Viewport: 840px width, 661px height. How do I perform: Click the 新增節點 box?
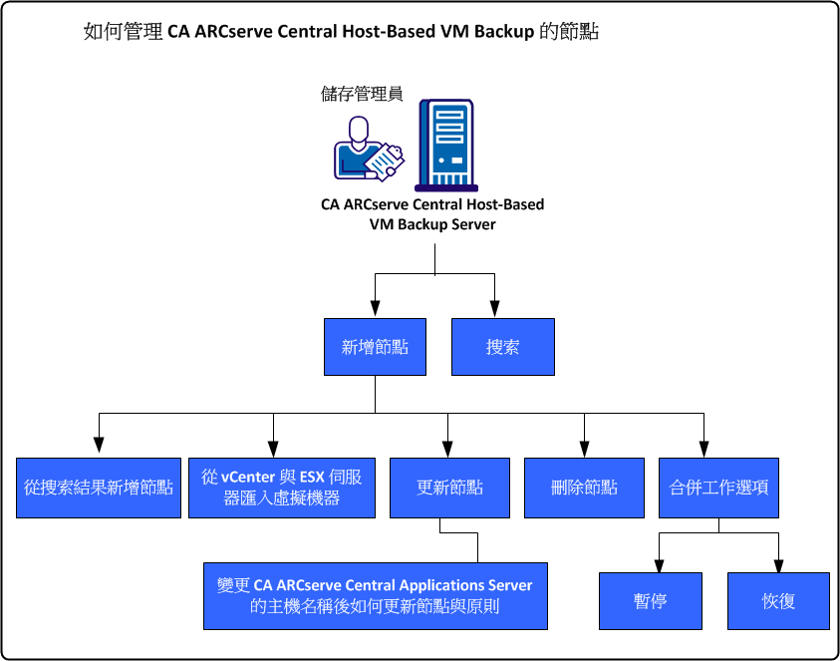[x=375, y=347]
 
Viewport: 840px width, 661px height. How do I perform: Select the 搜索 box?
[x=502, y=347]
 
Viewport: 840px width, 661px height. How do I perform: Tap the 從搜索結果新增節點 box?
[x=99, y=488]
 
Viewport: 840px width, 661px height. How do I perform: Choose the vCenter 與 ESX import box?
[x=282, y=488]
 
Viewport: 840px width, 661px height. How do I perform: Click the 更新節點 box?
[x=449, y=488]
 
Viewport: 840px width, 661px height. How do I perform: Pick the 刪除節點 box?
[x=584, y=488]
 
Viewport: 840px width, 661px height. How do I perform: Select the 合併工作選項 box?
[x=718, y=488]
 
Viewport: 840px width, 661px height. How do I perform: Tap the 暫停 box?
[x=650, y=601]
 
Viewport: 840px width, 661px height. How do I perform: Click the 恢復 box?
[x=778, y=601]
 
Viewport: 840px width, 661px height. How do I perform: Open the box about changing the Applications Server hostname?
[x=375, y=595]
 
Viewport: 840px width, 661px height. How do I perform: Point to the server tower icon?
[x=444, y=145]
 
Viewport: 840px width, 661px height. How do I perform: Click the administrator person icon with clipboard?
[x=367, y=150]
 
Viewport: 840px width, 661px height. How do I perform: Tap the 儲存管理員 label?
[x=362, y=94]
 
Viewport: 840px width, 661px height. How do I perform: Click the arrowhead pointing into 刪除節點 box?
[x=584, y=450]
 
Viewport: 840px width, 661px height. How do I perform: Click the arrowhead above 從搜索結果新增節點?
[x=99, y=450]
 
